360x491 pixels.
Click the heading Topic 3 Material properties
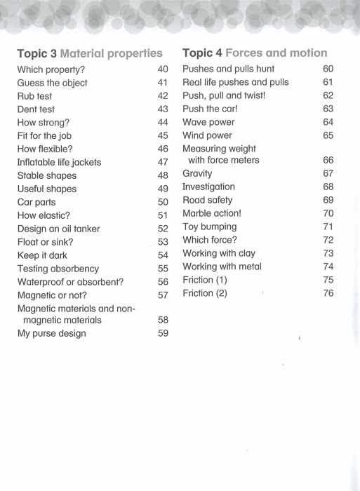(89, 53)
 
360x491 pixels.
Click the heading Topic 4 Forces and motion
(255, 53)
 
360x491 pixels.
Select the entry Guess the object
(52, 83)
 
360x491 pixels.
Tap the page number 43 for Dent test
(163, 109)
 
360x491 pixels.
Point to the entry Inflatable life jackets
(59, 162)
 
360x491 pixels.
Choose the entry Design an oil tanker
(58, 229)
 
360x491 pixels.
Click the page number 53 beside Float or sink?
(163, 242)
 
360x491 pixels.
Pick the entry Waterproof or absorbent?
(70, 282)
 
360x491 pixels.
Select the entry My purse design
(51, 333)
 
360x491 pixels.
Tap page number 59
(163, 333)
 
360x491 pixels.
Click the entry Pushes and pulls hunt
(228, 69)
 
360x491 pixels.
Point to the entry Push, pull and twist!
(224, 95)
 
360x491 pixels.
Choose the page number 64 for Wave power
(328, 122)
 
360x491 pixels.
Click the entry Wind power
(207, 135)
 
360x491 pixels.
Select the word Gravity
(197, 173)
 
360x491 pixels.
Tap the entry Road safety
(207, 200)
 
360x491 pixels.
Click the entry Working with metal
(222, 267)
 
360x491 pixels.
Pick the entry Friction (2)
(205, 293)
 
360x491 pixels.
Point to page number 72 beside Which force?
(328, 240)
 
